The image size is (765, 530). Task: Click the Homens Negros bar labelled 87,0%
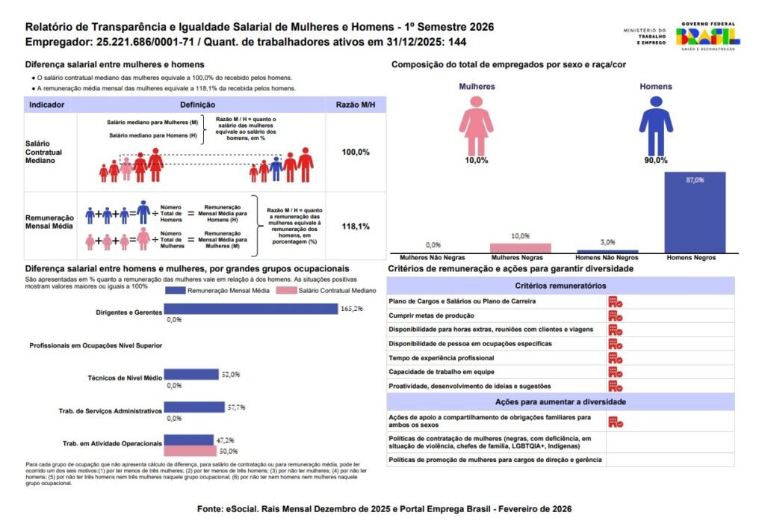pyautogui.click(x=694, y=213)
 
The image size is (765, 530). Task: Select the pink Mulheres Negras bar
pyautogui.click(x=521, y=248)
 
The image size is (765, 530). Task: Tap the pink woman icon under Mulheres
pyautogui.click(x=477, y=124)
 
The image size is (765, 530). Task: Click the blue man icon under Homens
pyautogui.click(x=655, y=124)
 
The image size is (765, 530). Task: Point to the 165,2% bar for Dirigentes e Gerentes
pyautogui.click(x=251, y=308)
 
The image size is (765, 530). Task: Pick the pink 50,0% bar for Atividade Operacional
pyautogui.click(x=191, y=451)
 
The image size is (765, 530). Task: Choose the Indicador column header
pyautogui.click(x=46, y=105)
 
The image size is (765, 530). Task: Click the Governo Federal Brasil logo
pyautogui.click(x=707, y=36)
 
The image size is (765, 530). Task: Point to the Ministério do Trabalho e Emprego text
pyautogui.click(x=643, y=37)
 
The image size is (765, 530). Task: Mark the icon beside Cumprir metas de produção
pyautogui.click(x=615, y=315)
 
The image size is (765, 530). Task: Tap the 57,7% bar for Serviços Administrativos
pyautogui.click(x=194, y=407)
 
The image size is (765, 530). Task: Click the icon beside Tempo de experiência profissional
pyautogui.click(x=615, y=357)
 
